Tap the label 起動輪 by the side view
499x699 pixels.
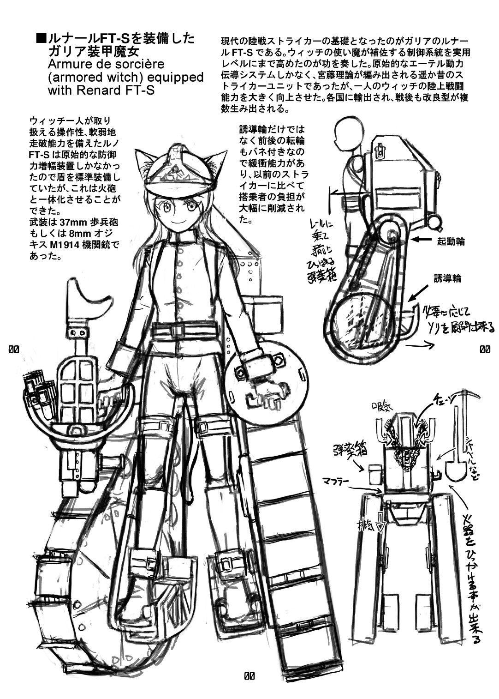451,241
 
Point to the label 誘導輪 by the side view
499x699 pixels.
447,278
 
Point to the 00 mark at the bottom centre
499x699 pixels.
249,677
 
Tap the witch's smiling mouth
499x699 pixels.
175,221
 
